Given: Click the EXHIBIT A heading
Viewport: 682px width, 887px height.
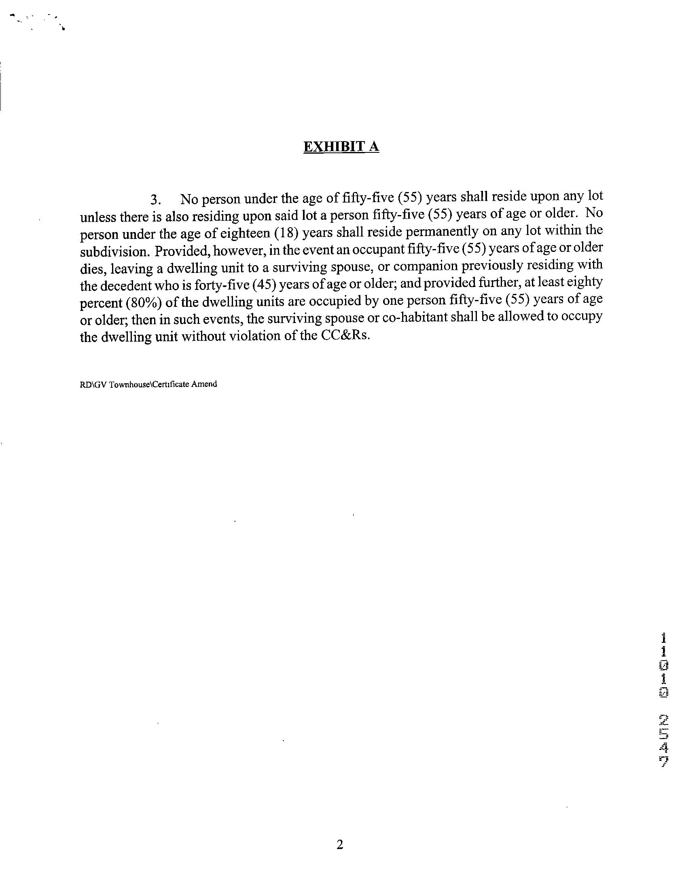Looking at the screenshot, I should [x=341, y=146].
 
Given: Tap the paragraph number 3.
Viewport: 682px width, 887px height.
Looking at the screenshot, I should [x=156, y=200].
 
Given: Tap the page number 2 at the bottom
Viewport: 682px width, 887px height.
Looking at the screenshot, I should [x=340, y=845].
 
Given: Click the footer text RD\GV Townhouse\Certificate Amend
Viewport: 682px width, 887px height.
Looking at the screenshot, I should [x=148, y=384].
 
